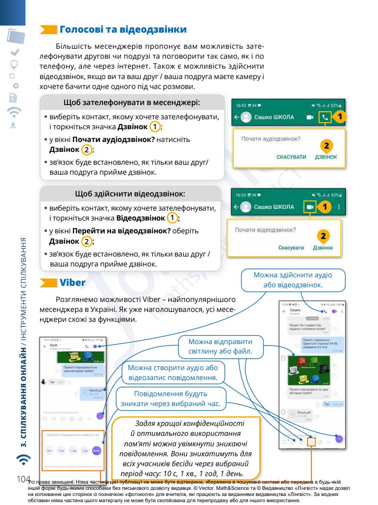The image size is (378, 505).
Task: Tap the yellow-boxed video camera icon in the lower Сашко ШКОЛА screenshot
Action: [309, 207]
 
